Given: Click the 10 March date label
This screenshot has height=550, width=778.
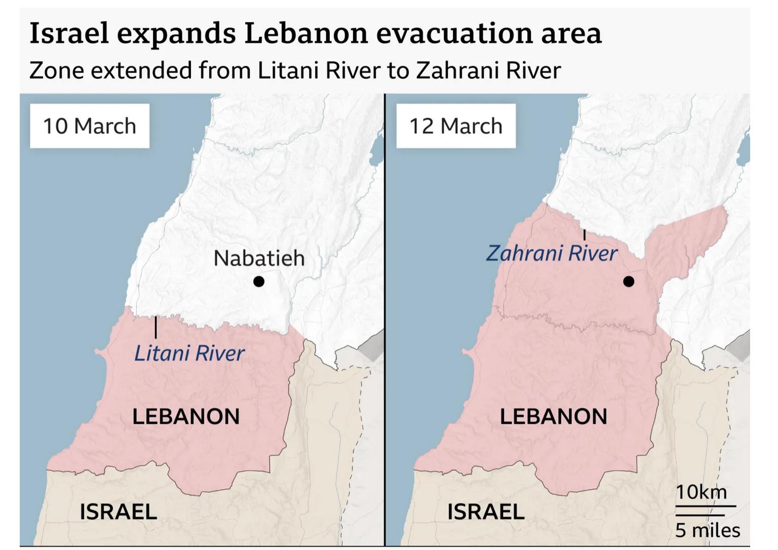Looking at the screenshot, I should tap(90, 126).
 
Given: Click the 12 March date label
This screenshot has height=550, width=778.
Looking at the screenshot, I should tap(456, 126).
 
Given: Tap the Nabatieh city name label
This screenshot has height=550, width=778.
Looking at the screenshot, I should tap(259, 258).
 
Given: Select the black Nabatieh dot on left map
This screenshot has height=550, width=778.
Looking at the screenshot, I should tap(259, 281).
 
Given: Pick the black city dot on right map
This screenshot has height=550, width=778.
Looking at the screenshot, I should tap(629, 281).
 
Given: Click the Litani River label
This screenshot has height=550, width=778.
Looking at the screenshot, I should tap(189, 353).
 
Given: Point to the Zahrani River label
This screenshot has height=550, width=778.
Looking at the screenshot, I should tap(552, 253).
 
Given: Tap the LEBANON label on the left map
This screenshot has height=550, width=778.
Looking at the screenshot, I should tap(186, 417).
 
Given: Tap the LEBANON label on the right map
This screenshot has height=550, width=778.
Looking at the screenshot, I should tap(553, 417).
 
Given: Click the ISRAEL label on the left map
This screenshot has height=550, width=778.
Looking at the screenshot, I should tap(118, 512).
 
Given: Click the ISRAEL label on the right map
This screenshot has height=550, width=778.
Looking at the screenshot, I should tap(486, 512).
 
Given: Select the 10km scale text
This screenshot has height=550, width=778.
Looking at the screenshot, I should tap(701, 492).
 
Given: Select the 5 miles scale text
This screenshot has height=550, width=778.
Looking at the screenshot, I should tap(707, 530).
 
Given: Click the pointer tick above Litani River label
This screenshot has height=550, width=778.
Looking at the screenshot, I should tap(155, 327).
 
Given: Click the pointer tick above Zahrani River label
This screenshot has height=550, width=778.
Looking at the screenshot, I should tap(585, 234).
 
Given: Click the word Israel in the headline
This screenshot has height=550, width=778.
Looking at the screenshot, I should tap(69, 33).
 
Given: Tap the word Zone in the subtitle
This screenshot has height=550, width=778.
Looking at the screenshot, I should tap(56, 70).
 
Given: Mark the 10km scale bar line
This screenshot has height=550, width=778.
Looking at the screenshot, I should tap(705, 505).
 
